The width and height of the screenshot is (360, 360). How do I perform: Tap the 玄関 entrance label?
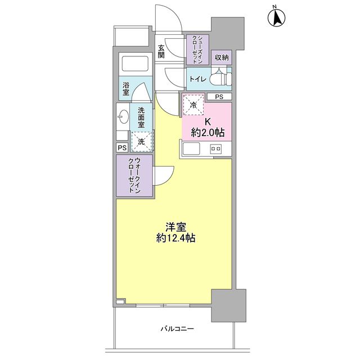point(161,51)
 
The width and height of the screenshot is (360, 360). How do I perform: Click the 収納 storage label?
point(221,57)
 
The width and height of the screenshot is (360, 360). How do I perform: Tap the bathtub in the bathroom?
point(135,64)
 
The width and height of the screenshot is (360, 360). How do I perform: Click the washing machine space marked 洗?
point(141,142)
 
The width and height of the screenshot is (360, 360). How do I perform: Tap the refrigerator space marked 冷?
point(193,105)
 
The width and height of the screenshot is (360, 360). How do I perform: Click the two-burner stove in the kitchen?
point(215,148)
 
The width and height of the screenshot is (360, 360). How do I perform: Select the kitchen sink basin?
point(190,148)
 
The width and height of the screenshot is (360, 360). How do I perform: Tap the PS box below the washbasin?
point(122,147)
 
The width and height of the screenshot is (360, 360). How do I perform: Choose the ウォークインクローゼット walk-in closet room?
point(134,175)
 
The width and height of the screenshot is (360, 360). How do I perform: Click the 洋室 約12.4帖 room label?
point(176,232)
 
